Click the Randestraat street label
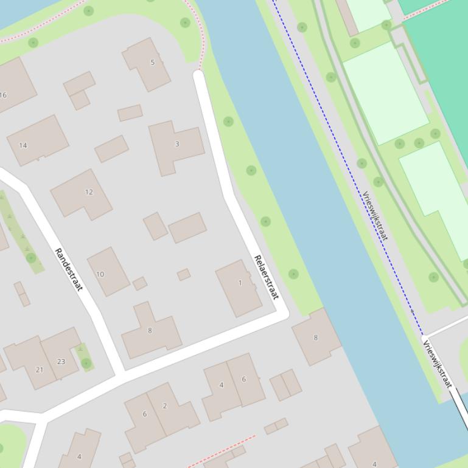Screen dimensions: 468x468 68,269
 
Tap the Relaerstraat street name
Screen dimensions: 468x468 265,277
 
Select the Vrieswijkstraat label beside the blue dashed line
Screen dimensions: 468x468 375,216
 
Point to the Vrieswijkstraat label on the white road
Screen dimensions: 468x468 438,364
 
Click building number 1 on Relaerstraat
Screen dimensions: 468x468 239,287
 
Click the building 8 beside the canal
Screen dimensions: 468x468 316,337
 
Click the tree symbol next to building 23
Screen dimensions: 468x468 86,363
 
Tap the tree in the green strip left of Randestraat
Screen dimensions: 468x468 31,258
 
